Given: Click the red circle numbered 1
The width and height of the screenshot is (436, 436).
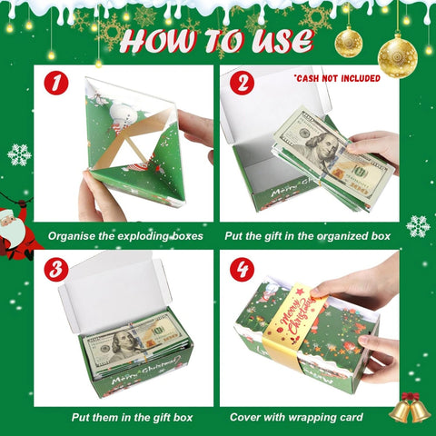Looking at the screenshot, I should point(56,84).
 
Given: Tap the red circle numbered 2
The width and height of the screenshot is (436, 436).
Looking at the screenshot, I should point(242,84).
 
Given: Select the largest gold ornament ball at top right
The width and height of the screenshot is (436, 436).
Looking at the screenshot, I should point(397,56).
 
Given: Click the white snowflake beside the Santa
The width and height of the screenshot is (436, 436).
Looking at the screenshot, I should point(19,154).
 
